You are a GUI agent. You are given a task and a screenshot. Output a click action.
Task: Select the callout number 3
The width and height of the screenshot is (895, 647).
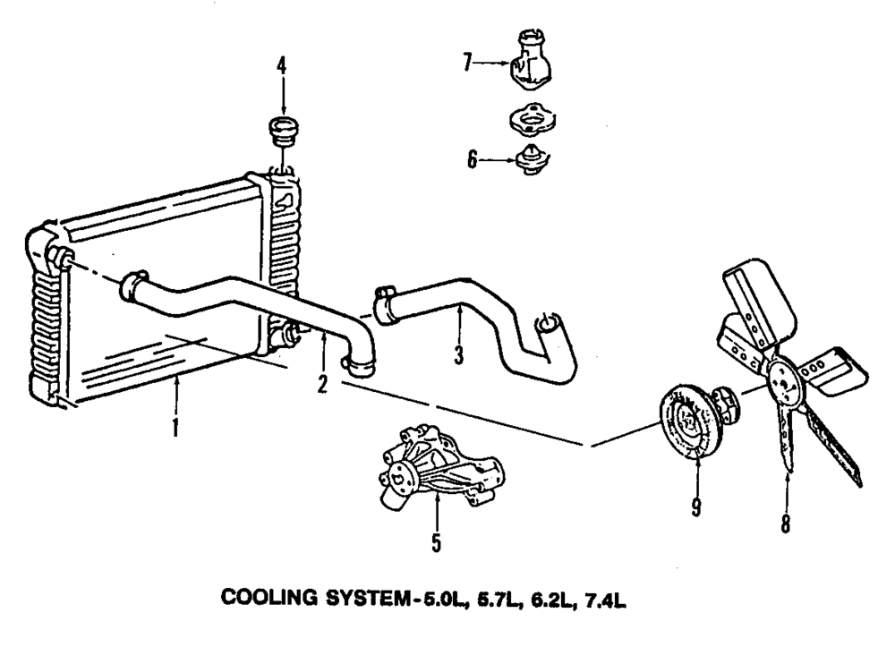click(457, 355)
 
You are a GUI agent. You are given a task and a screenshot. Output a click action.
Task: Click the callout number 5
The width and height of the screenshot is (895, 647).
click(437, 542)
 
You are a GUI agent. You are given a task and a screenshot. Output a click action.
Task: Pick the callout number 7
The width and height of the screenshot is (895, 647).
click(467, 63)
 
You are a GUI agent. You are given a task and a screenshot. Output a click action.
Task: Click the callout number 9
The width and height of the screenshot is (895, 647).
click(695, 507)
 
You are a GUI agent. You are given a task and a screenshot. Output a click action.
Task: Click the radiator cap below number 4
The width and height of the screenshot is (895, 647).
click(282, 134)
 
